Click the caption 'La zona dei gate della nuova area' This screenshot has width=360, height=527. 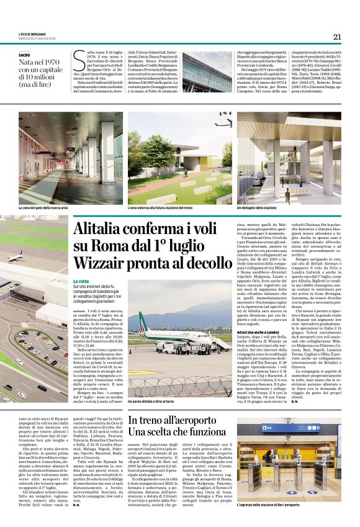[x=43, y=207]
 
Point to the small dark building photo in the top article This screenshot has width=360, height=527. [x=206, y=71]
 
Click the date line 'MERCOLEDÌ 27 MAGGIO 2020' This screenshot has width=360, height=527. [x=39, y=38]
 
